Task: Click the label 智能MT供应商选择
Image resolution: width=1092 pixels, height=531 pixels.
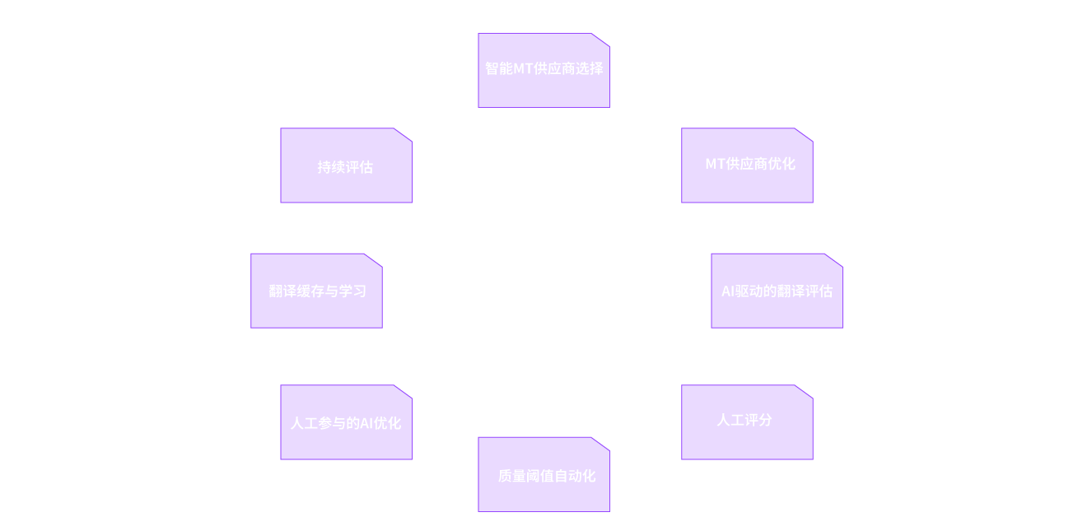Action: pyautogui.click(x=544, y=68)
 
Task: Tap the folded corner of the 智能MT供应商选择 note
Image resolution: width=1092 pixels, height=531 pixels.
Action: pyautogui.click(x=600, y=40)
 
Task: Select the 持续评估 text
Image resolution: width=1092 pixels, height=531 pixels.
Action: pyautogui.click(x=345, y=167)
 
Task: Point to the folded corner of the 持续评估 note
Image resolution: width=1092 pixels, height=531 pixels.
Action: pyautogui.click(x=404, y=135)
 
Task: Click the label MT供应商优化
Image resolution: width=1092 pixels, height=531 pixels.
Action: pyautogui.click(x=750, y=164)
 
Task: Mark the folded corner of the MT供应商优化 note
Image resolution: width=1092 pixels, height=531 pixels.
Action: pyautogui.click(x=804, y=135)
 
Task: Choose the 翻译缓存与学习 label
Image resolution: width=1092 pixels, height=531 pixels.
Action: pyautogui.click(x=317, y=291)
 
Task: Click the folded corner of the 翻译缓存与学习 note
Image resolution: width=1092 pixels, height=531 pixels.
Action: pyautogui.click(x=373, y=261)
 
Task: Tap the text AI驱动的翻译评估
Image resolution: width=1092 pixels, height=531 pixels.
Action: pyautogui.click(x=777, y=291)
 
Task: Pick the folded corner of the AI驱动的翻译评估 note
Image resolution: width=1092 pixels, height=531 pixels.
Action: pyautogui.click(x=833, y=261)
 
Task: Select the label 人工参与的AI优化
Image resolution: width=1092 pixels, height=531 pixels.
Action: pyautogui.click(x=346, y=423)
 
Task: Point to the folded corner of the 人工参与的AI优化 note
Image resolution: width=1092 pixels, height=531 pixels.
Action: pyautogui.click(x=404, y=392)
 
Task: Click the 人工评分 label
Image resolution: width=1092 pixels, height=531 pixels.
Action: pyautogui.click(x=744, y=420)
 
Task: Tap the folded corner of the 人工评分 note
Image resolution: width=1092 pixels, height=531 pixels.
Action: pyautogui.click(x=804, y=392)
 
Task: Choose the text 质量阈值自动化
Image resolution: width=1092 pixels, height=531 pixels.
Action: pyautogui.click(x=547, y=476)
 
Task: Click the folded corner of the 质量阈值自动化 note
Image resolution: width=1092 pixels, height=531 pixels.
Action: pyautogui.click(x=600, y=445)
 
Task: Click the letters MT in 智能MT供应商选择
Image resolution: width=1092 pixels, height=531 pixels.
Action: pyautogui.click(x=523, y=68)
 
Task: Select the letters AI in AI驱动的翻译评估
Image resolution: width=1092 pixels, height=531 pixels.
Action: pyautogui.click(x=728, y=291)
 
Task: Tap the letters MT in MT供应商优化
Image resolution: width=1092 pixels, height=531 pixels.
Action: pyautogui.click(x=715, y=164)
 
